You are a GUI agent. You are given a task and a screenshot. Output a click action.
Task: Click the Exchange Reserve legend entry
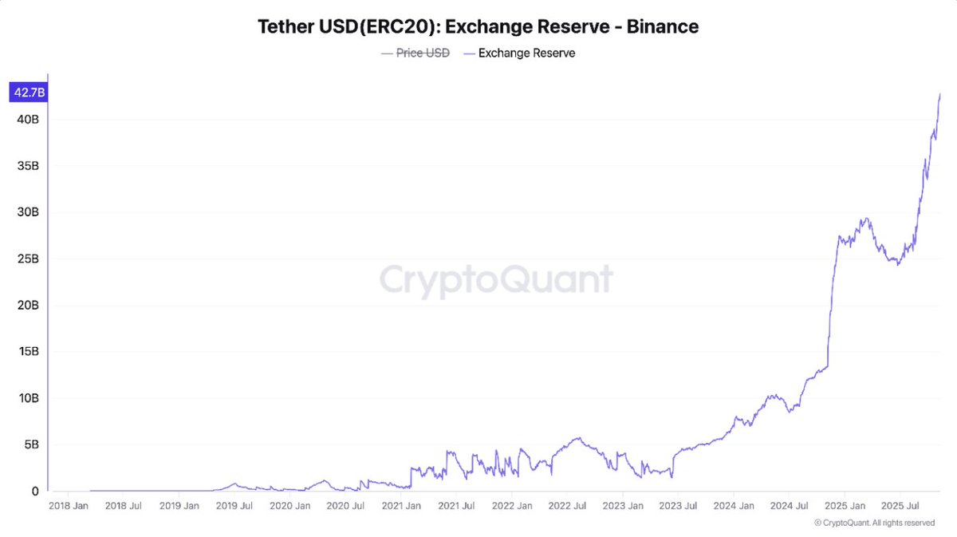click(526, 53)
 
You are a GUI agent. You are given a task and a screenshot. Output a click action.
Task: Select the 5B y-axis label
click(30, 444)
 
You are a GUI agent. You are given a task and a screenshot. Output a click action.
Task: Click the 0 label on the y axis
click(35, 492)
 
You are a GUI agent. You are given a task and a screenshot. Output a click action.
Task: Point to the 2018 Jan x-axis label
click(69, 506)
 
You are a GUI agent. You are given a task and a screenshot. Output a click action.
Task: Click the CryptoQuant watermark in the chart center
click(496, 280)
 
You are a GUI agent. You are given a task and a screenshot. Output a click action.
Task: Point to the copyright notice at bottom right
click(874, 523)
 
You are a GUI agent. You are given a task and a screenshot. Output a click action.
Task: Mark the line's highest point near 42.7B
click(940, 94)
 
